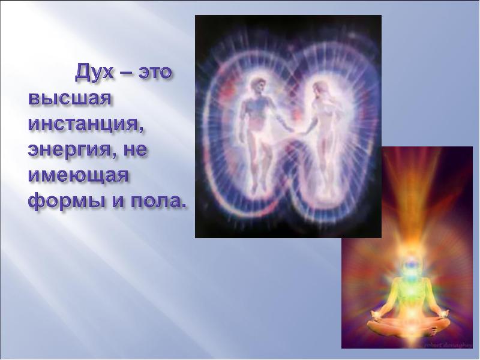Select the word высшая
tap(69, 98)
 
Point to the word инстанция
tap(85, 125)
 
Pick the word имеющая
tap(78, 176)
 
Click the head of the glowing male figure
tap(257, 85)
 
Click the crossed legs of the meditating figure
tap(408, 328)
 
